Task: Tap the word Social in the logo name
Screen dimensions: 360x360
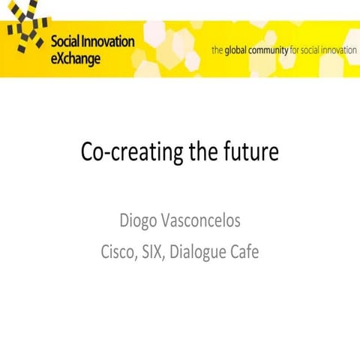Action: [66, 42]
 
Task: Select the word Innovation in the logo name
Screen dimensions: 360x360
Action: [109, 42]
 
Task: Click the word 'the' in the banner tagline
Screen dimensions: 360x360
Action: [218, 50]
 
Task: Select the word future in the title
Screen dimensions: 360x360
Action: [250, 153]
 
